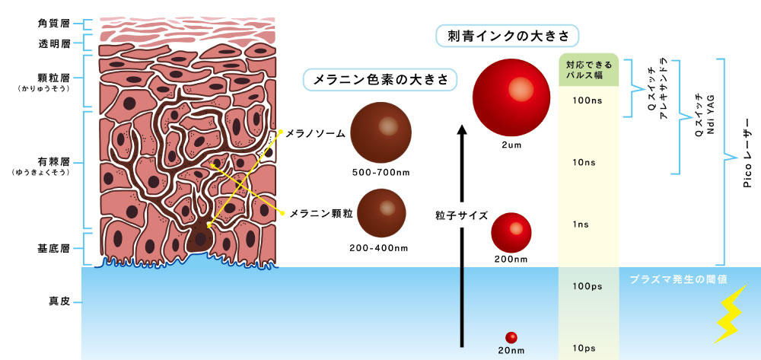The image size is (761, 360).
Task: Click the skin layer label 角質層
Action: pyautogui.click(x=54, y=24)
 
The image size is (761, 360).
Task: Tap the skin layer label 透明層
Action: pyautogui.click(x=54, y=43)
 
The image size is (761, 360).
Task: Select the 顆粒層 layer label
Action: pyautogui.click(x=54, y=77)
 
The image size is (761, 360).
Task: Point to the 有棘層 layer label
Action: pyautogui.click(x=54, y=162)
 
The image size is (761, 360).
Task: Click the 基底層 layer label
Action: pyautogui.click(x=54, y=249)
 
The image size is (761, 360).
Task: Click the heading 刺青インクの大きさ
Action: pyautogui.click(x=507, y=36)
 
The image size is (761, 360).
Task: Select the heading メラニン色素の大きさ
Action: pyautogui.click(x=380, y=80)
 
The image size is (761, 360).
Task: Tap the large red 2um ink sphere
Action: pyautogui.click(x=511, y=97)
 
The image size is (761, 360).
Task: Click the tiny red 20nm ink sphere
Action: pyautogui.click(x=511, y=338)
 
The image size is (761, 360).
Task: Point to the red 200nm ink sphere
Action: pyautogui.click(x=511, y=232)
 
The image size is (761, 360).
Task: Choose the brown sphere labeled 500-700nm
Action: pyautogui.click(x=381, y=132)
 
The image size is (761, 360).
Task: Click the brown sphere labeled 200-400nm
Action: pyautogui.click(x=381, y=213)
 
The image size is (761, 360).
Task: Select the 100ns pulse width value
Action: pyautogui.click(x=587, y=100)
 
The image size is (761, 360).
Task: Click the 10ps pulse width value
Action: pyautogui.click(x=587, y=349)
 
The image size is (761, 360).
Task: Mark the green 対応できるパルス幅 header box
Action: pyautogui.click(x=589, y=70)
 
